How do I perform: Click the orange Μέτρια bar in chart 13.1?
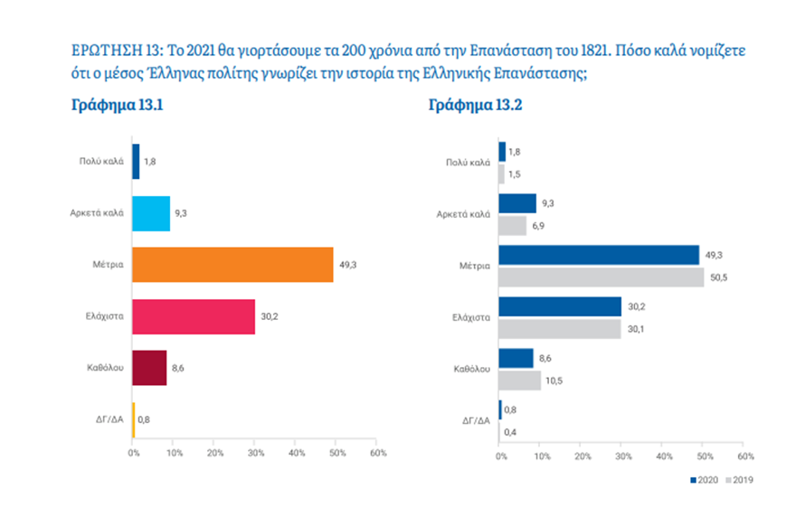(x=232, y=264)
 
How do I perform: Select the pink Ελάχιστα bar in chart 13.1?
(x=194, y=316)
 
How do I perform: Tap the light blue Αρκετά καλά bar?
(x=151, y=213)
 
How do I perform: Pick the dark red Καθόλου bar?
(x=149, y=367)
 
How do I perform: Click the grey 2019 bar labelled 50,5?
(x=601, y=277)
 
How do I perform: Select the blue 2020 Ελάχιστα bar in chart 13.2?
(x=560, y=306)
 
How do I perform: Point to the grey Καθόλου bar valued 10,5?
(x=519, y=381)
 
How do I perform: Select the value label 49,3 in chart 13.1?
(x=346, y=264)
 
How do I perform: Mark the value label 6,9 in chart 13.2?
(x=537, y=226)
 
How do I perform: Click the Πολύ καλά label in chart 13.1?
(x=101, y=161)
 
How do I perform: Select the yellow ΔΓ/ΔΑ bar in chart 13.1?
(x=134, y=418)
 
